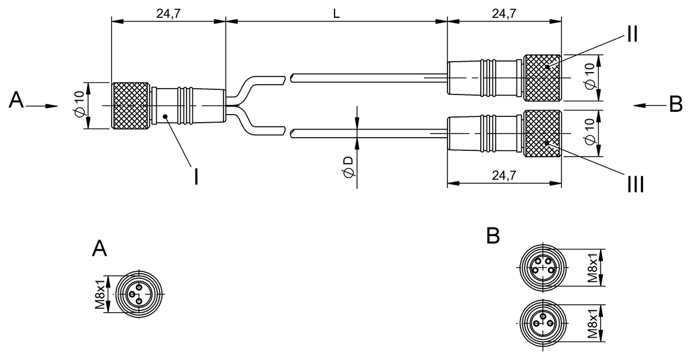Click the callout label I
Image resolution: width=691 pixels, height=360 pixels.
pyautogui.click(x=196, y=176)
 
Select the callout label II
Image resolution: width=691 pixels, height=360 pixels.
pyautogui.click(x=632, y=35)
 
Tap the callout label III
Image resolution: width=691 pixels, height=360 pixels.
pyautogui.click(x=635, y=184)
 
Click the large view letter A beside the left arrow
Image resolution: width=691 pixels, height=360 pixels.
pyautogui.click(x=17, y=101)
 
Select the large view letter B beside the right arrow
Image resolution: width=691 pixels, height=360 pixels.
pyautogui.click(x=675, y=104)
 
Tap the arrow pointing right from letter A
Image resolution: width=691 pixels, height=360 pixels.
pyautogui.click(x=43, y=105)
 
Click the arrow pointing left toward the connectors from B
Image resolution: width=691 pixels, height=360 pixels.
pyautogui.click(x=648, y=105)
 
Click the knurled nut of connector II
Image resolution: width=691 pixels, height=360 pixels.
pyautogui.click(x=542, y=78)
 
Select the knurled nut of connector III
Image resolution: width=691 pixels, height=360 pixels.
pyautogui.click(x=542, y=133)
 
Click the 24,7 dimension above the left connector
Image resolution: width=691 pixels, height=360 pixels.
pyautogui.click(x=168, y=13)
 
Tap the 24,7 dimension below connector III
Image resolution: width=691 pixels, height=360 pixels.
pyautogui.click(x=504, y=176)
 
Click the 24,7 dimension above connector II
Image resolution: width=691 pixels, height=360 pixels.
pyautogui.click(x=504, y=13)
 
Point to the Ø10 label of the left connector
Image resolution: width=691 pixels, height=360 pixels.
pyautogui.click(x=79, y=105)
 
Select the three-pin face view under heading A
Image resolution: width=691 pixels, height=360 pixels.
pyautogui.click(x=139, y=294)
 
